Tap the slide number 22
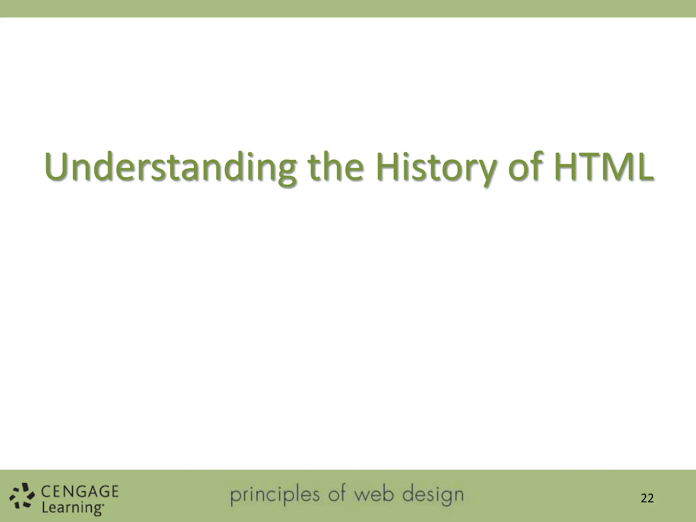tap(647, 498)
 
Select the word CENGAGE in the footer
tap(80, 492)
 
